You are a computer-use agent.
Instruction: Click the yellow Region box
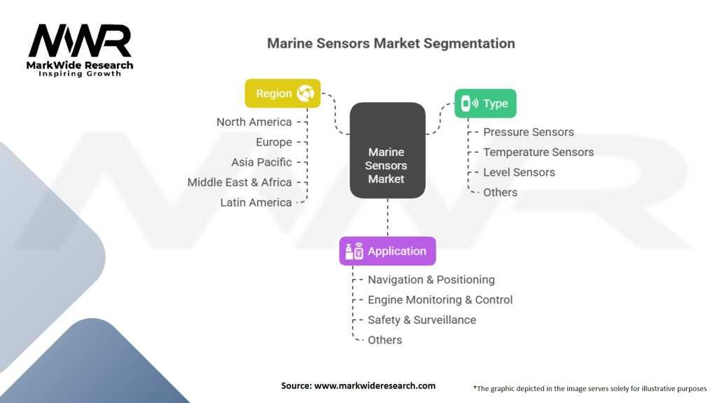pyautogui.click(x=282, y=93)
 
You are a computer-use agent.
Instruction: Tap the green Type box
pyautogui.click(x=485, y=104)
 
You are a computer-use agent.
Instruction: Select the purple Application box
pyautogui.click(x=387, y=251)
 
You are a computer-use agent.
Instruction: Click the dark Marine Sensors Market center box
pyautogui.click(x=387, y=165)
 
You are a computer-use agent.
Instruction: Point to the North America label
pyautogui.click(x=253, y=122)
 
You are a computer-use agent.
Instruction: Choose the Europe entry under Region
pyautogui.click(x=274, y=142)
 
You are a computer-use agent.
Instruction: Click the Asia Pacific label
pyautogui.click(x=261, y=162)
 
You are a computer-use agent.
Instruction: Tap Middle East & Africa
pyautogui.click(x=239, y=182)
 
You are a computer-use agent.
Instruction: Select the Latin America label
pyautogui.click(x=256, y=202)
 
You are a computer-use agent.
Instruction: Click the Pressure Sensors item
pyautogui.click(x=528, y=132)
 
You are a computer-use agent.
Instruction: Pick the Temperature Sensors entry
pyautogui.click(x=538, y=152)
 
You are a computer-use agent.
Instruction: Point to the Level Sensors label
pyautogui.click(x=519, y=172)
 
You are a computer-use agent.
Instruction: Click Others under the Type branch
pyautogui.click(x=500, y=192)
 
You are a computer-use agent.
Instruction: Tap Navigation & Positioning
pyautogui.click(x=431, y=279)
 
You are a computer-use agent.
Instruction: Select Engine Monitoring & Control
pyautogui.click(x=440, y=299)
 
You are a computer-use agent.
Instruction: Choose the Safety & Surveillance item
pyautogui.click(x=422, y=320)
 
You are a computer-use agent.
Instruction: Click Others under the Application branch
pyautogui.click(x=384, y=340)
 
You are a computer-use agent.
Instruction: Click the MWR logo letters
pyautogui.click(x=80, y=42)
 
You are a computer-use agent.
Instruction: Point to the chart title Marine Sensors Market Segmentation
pyautogui.click(x=391, y=43)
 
